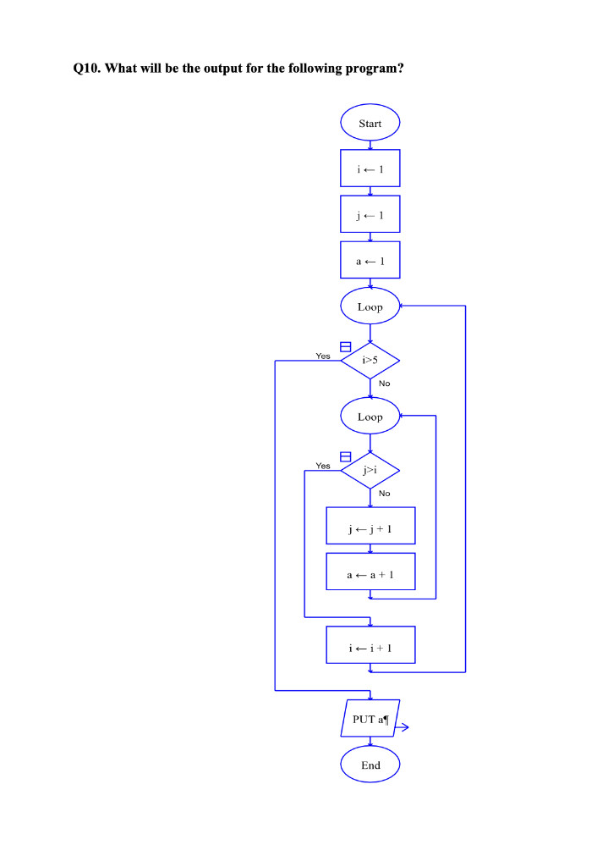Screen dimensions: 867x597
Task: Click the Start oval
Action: pos(370,124)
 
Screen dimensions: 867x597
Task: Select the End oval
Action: pos(370,765)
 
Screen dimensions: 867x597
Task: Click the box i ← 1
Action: pos(370,168)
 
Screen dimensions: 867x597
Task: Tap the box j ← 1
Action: pos(370,214)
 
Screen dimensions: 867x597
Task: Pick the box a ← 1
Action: pos(370,261)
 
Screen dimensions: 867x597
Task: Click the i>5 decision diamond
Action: pos(370,361)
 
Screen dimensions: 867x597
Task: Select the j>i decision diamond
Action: pos(370,471)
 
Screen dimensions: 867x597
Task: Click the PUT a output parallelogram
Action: pos(370,719)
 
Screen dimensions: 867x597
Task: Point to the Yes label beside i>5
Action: pos(323,356)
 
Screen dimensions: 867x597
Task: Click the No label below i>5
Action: pos(385,384)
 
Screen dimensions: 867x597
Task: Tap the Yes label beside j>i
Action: pos(323,466)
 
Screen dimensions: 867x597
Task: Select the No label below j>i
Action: pos(385,493)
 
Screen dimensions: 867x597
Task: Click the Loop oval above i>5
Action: pos(370,306)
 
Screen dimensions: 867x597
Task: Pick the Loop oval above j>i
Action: pos(370,417)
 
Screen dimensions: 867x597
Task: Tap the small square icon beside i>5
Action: pos(345,346)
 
